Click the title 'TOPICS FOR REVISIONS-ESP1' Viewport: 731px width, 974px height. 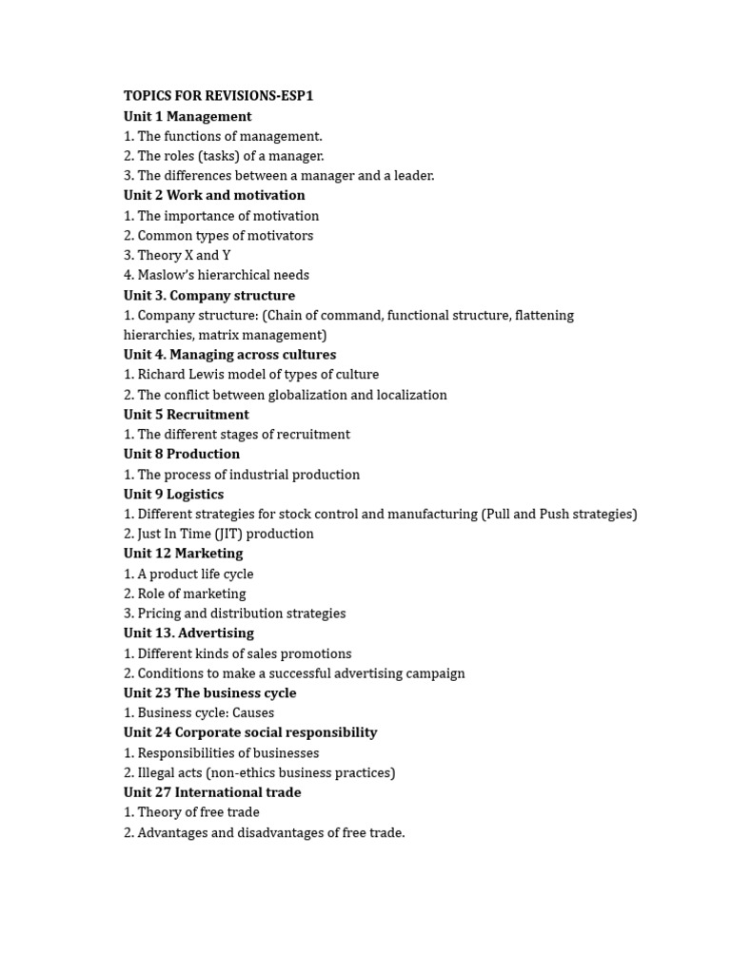218,96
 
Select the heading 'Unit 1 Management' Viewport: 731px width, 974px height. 188,116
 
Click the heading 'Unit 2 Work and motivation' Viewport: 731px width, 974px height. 214,195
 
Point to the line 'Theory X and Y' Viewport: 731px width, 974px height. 184,255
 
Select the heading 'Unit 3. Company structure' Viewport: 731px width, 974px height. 209,295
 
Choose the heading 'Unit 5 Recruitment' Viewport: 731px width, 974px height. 187,415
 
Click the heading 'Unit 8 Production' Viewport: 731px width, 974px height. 182,454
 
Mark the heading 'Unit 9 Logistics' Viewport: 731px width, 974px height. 173,494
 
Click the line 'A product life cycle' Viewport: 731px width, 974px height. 195,574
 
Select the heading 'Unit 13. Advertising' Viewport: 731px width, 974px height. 188,633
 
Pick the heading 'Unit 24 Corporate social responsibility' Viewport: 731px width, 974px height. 250,732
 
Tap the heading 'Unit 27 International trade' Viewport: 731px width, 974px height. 212,792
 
